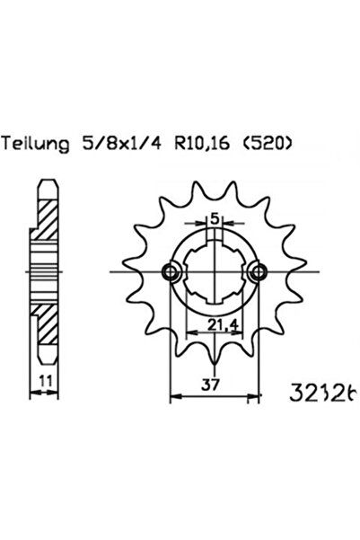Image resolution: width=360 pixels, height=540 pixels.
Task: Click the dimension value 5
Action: point(215,219)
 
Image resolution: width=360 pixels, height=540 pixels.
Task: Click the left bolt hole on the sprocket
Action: point(169,272)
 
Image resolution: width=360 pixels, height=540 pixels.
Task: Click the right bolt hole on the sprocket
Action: point(260,272)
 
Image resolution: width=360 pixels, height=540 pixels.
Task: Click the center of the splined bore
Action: point(215,272)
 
